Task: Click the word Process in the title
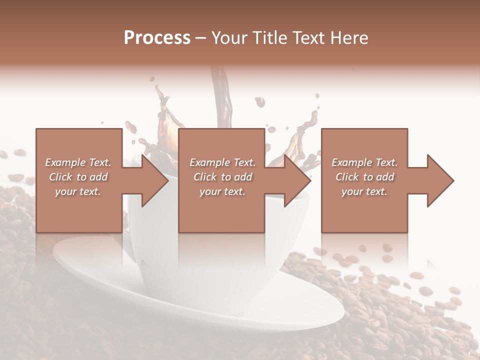157,38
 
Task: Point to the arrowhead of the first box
152,180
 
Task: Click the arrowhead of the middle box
295,180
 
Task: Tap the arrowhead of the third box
438,180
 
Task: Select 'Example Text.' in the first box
78,162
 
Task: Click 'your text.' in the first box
78,191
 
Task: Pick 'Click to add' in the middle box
222,177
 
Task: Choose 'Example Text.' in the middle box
222,162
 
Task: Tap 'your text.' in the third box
364,191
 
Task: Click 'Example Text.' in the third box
364,162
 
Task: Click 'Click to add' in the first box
78,177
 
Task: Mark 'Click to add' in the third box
364,177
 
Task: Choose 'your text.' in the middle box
222,191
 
